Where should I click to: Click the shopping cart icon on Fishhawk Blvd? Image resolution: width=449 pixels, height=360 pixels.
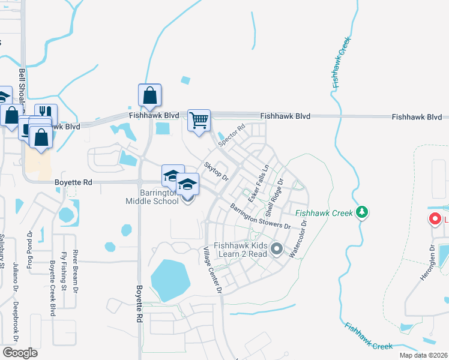[199, 120]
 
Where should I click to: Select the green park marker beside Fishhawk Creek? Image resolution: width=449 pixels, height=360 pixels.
[361, 212]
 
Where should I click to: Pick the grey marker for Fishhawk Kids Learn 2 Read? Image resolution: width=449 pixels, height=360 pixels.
[276, 248]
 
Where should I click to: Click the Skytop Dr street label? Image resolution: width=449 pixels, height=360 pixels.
[216, 171]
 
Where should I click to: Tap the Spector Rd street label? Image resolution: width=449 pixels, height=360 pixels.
[232, 136]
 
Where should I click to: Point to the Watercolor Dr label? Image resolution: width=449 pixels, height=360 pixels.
[298, 239]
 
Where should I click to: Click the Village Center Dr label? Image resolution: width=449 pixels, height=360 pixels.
[212, 270]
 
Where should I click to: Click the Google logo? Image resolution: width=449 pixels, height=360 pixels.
[20, 352]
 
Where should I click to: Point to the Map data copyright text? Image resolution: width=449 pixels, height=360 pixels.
[424, 355]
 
